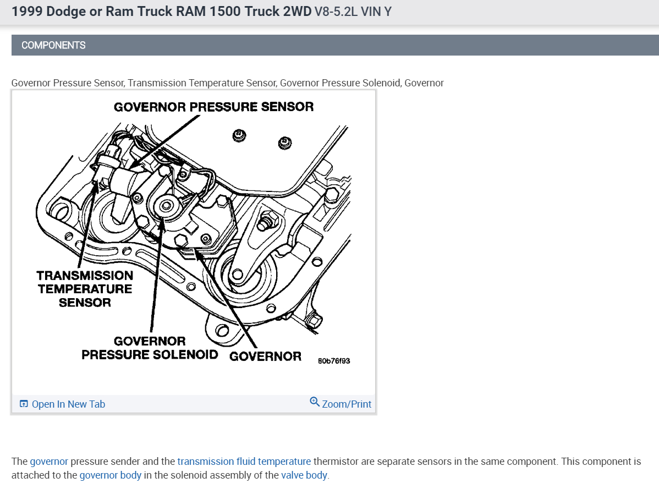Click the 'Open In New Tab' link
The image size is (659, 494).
[68, 404]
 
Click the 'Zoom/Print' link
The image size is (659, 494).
[347, 404]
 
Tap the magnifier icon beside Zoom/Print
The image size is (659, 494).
[315, 402]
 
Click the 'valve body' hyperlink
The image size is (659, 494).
[304, 475]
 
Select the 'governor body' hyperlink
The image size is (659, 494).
[110, 475]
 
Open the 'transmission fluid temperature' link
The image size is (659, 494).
[244, 462]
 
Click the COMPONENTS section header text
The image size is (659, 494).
[53, 45]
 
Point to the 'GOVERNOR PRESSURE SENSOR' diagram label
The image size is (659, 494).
[213, 107]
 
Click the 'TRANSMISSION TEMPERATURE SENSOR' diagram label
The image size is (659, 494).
[85, 289]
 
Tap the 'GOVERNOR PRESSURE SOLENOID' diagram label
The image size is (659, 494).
[150, 348]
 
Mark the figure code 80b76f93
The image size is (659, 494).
[334, 361]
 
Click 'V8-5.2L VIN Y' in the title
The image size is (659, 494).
[353, 12]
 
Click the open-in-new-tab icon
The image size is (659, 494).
[24, 404]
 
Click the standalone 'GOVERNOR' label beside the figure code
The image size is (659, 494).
[265, 356]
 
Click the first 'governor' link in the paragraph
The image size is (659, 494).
[49, 462]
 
